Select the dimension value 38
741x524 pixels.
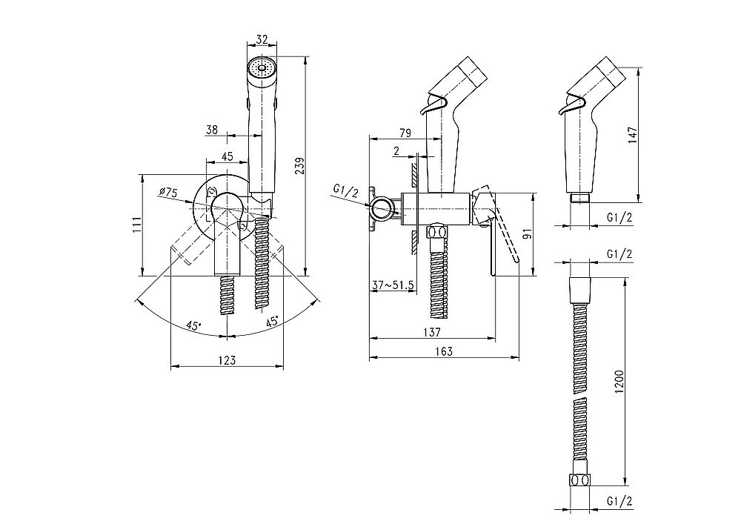pyautogui.click(x=211, y=130)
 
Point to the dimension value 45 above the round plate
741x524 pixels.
pyautogui.click(x=227, y=156)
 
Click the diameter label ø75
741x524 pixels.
pyautogui.click(x=167, y=193)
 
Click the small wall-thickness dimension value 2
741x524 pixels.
pyautogui.click(x=397, y=151)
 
